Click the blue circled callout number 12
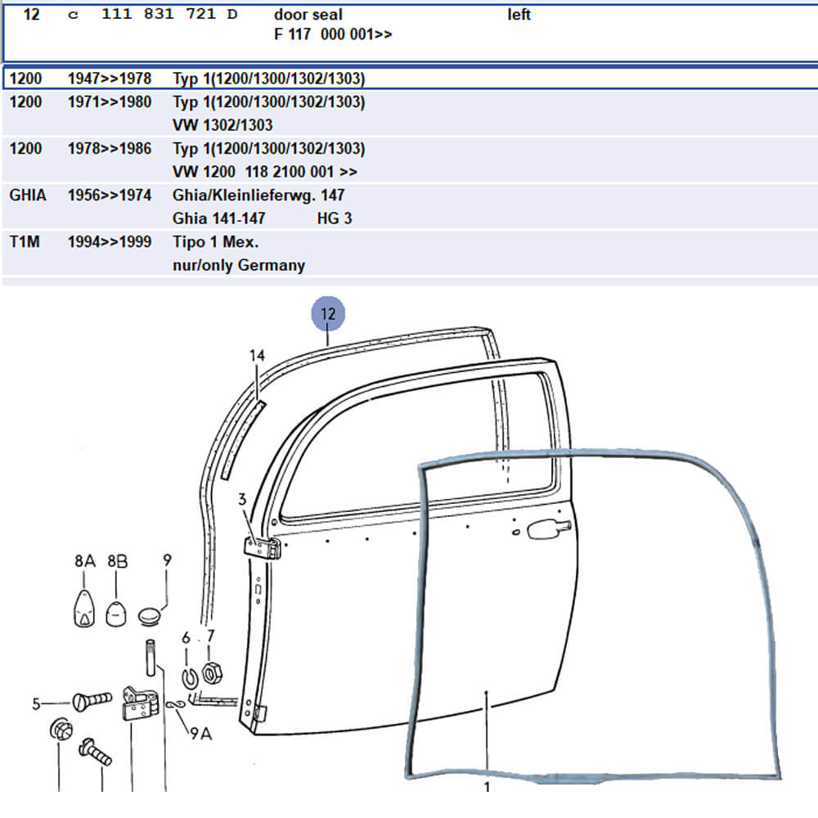point(328,313)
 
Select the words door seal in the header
point(308,15)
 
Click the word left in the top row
point(519,15)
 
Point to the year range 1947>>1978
point(110,79)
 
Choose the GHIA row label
point(28,196)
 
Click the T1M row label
point(25,242)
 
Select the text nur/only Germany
point(239,266)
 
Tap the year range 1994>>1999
point(110,242)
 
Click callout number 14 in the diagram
point(257,355)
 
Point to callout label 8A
point(84,561)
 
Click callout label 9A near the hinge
point(201,734)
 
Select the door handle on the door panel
point(548,529)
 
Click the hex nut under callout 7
point(211,673)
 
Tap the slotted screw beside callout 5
point(92,700)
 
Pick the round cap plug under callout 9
point(150,616)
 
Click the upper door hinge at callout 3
point(263,548)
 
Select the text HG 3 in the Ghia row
point(335,218)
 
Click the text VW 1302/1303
point(222,125)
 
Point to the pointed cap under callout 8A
point(84,608)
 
